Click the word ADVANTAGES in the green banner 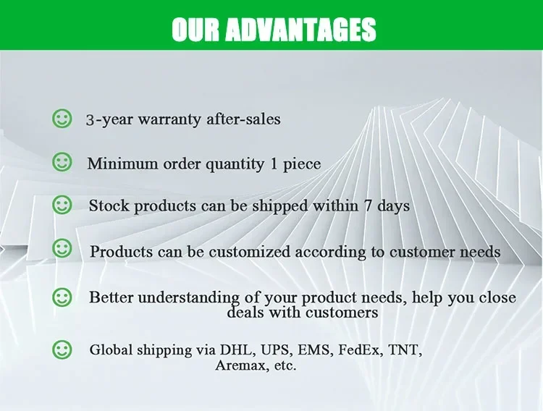click(300, 29)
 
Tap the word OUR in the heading click(195, 29)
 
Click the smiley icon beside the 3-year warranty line click(62, 119)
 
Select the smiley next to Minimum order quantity click(62, 162)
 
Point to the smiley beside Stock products click(62, 205)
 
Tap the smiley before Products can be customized click(62, 248)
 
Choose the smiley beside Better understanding click(62, 297)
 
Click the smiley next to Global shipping click(62, 349)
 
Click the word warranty click(169, 120)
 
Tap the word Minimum click(122, 164)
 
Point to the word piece click(302, 164)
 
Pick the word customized click(249, 251)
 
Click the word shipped click(279, 206)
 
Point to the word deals click(246, 312)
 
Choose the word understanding click(188, 298)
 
